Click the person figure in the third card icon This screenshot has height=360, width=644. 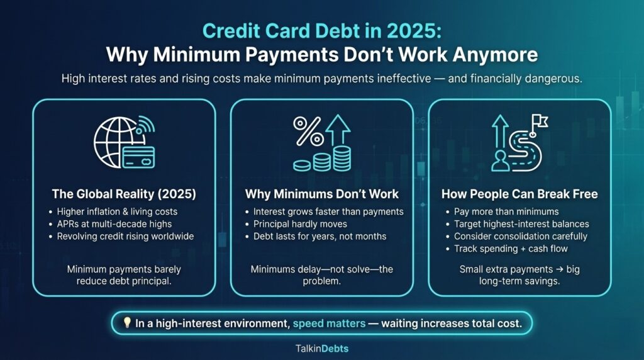503,159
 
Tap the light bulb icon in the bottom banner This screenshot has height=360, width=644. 126,322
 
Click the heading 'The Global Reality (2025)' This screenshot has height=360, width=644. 124,194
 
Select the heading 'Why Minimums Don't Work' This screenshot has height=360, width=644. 321,194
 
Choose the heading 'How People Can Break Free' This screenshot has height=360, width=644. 519,194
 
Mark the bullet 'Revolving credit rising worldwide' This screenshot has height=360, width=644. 126,236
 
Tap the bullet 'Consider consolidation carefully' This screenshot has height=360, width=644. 521,236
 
